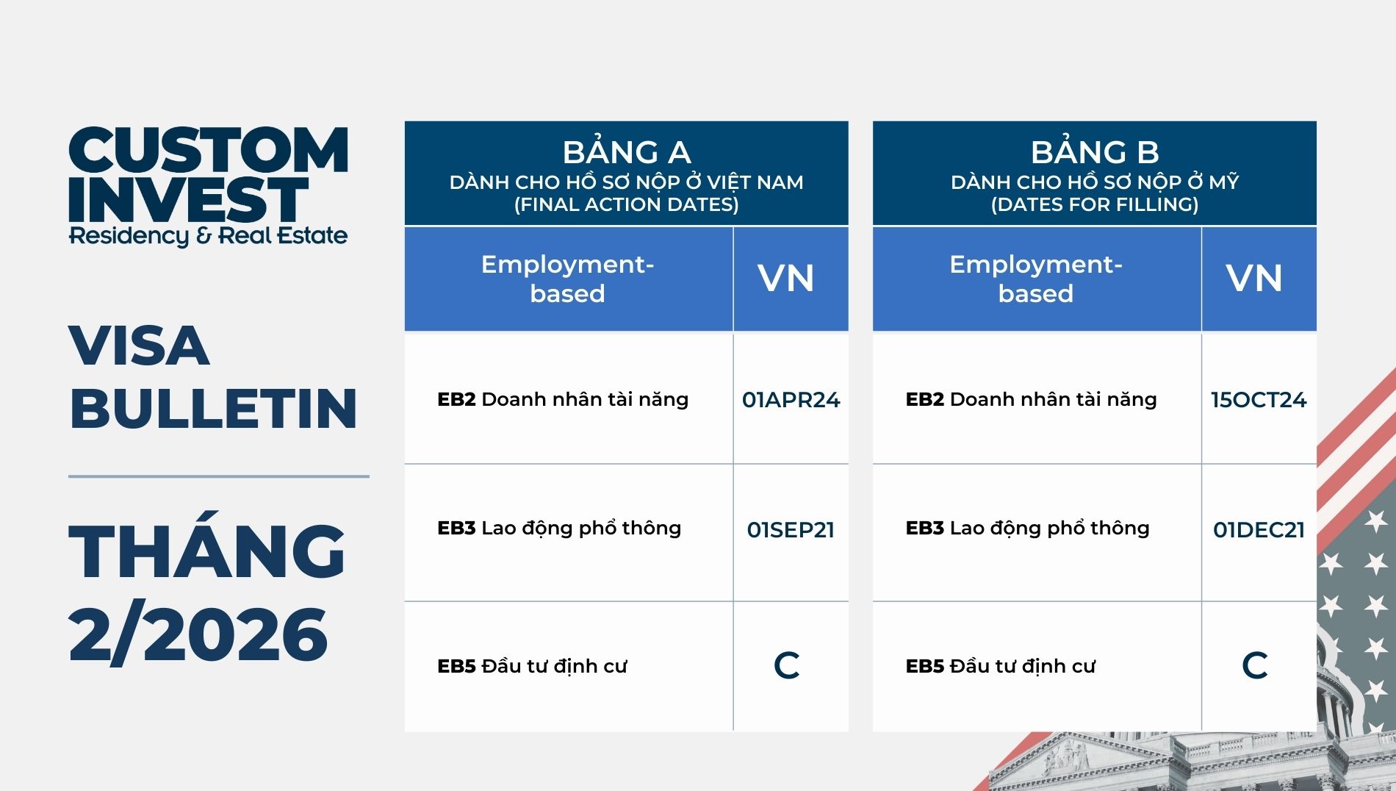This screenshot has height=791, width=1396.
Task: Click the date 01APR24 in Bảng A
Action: [x=791, y=400]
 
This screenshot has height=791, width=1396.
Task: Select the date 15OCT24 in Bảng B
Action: [x=1259, y=400]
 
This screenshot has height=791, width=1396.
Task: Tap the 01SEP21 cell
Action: [x=791, y=530]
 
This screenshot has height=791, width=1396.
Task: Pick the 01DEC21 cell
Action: [x=1259, y=530]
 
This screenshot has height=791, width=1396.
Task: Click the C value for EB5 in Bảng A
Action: [x=787, y=665]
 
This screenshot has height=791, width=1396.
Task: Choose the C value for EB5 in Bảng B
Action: [x=1255, y=665]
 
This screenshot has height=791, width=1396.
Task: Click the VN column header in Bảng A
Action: [x=786, y=279]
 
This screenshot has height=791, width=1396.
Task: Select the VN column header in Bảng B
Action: [x=1254, y=279]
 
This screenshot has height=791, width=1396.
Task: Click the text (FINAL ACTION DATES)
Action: [x=627, y=204]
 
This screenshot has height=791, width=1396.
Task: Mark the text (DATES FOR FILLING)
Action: [x=1095, y=204]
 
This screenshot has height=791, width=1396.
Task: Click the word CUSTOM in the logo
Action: [x=209, y=150]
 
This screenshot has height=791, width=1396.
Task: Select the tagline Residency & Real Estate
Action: [x=208, y=236]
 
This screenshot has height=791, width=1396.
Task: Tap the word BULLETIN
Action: [x=213, y=408]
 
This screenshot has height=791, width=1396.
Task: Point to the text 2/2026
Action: [x=198, y=634]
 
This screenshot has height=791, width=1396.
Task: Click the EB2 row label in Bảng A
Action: [x=563, y=399]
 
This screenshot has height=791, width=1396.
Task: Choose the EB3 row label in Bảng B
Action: [x=1027, y=528]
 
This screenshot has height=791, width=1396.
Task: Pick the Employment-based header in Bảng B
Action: [x=1036, y=279]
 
